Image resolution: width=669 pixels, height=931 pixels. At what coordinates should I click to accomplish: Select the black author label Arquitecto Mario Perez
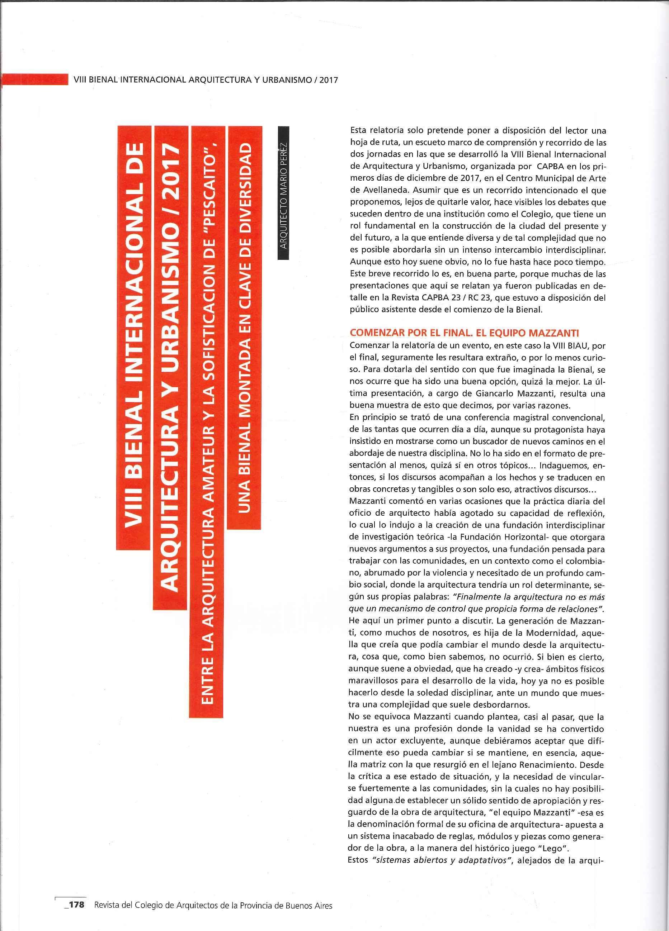(x=283, y=197)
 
